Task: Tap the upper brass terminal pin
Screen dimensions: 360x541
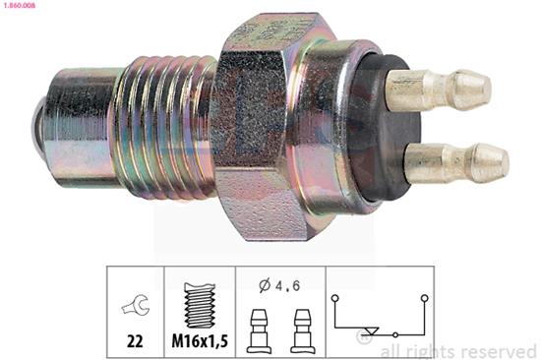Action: [x=433, y=90]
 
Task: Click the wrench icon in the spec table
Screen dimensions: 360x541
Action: [x=132, y=306]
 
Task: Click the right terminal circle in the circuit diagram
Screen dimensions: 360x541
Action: [x=424, y=296]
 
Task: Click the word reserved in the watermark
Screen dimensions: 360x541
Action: [x=502, y=351]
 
